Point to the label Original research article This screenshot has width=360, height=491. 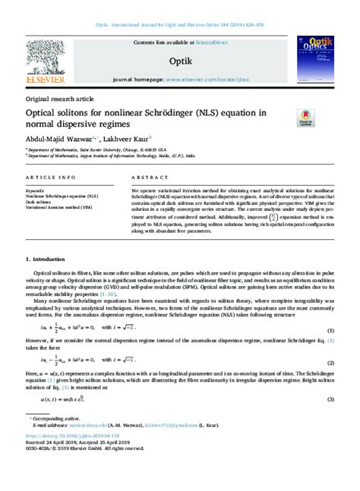(x=60, y=99)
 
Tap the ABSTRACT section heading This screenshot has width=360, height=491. (x=149, y=177)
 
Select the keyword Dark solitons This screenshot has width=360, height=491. (x=39, y=201)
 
